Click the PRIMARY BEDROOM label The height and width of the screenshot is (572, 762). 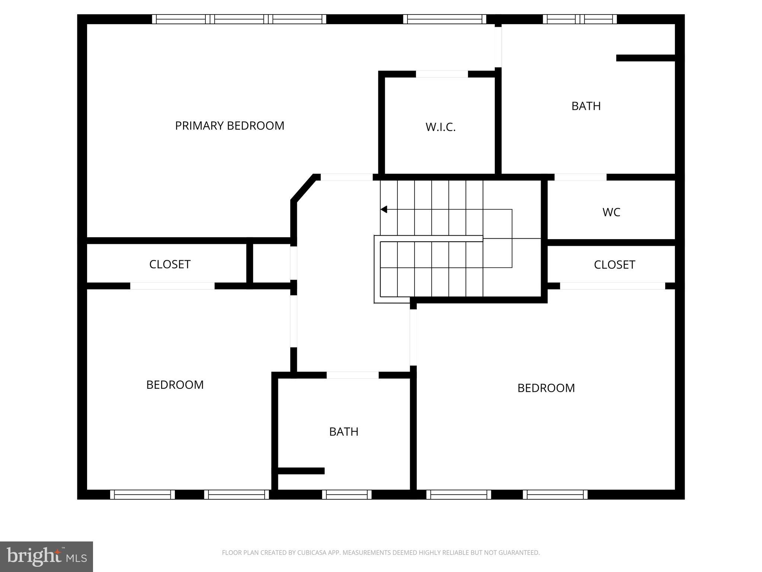point(230,126)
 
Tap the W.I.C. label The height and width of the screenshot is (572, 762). point(441,127)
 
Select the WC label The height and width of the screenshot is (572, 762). point(611,212)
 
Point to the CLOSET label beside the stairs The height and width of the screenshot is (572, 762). point(614,265)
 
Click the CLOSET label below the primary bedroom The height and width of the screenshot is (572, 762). point(170,264)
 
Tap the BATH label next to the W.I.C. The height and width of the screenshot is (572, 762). point(586,106)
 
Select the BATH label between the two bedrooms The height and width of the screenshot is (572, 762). point(344,432)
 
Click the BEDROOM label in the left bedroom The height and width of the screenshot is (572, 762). point(175,385)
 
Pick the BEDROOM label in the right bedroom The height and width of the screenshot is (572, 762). point(546,388)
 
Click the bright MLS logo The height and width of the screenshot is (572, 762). point(47,556)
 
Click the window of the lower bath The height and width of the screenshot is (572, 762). point(347,495)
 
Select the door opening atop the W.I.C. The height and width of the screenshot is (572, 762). point(442,74)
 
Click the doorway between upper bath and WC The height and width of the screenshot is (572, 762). point(580,177)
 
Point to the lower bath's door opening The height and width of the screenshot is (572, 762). point(352,375)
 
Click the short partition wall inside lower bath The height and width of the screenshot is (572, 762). point(301,471)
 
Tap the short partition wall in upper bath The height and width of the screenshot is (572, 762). point(646,58)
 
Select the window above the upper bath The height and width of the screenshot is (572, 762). point(580,19)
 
